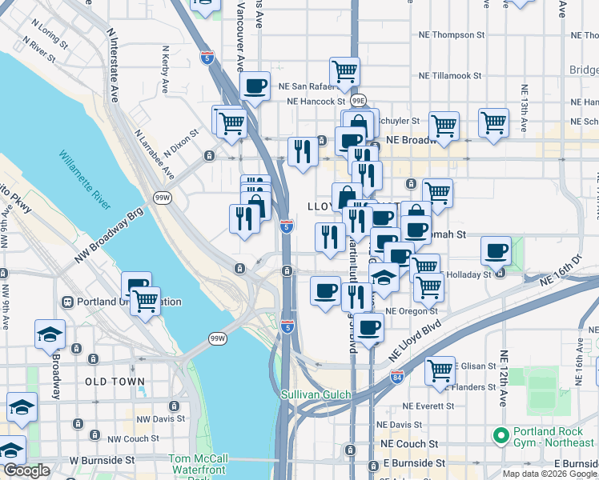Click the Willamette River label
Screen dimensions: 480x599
83,181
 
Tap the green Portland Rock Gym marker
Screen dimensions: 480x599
501,436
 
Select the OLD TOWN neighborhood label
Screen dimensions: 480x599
115,382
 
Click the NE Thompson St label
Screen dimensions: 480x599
453,35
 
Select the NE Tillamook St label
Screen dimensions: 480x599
451,76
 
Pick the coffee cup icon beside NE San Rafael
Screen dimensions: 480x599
255,86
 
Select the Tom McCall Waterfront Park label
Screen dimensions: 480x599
198,465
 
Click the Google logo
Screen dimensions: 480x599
26,470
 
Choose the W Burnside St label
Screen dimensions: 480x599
102,460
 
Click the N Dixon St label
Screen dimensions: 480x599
180,145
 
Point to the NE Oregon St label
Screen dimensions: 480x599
411,311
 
